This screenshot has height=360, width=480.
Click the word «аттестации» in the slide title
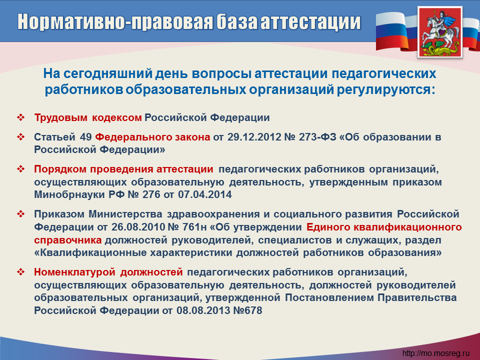[x=310, y=21]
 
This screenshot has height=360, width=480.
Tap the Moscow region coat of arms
[x=440, y=32]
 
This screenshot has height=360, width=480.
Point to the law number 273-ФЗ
[x=317, y=137]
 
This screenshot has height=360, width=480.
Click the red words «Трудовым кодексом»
[x=88, y=117]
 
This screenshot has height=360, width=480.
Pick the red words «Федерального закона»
[x=153, y=137]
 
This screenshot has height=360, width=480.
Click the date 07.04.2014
[x=205, y=194]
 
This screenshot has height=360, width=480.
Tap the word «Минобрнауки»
[x=69, y=194]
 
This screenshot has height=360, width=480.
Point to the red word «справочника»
[x=67, y=240]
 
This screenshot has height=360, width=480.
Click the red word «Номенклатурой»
[x=74, y=272]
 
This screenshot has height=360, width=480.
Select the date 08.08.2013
[x=203, y=310]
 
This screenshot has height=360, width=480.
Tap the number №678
[x=247, y=310]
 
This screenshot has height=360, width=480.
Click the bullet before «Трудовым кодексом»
[x=21, y=117]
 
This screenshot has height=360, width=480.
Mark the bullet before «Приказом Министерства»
[x=21, y=213]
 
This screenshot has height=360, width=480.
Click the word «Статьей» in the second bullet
[x=54, y=137]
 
